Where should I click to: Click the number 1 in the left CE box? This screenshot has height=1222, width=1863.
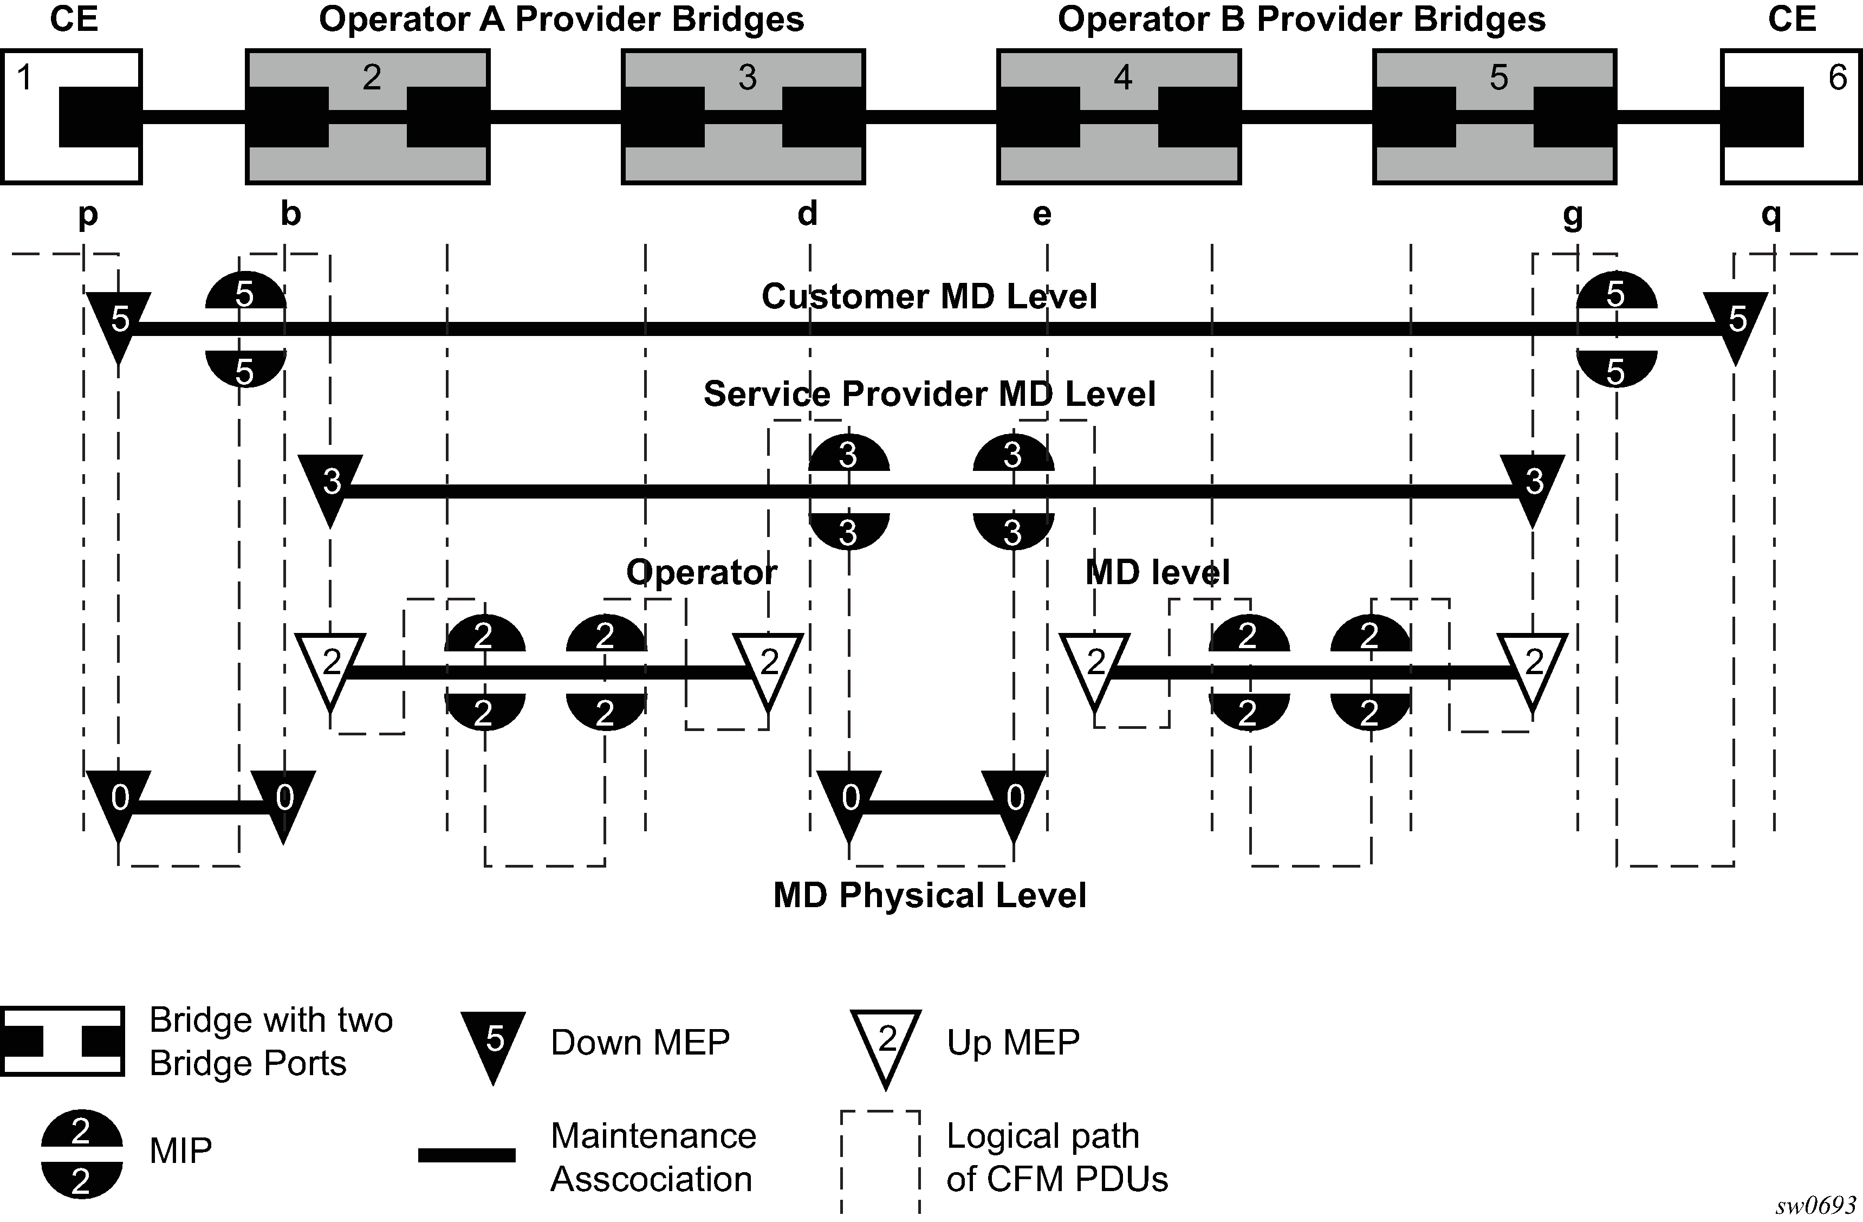25,77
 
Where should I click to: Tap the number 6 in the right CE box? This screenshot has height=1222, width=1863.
1837,77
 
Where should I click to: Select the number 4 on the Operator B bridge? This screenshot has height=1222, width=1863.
1122,77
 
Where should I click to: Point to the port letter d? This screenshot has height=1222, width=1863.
807,213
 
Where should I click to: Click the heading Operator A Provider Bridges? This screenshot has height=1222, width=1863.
561,20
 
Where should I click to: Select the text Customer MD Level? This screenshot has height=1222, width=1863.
929,296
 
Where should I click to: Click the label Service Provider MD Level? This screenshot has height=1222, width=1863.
929,394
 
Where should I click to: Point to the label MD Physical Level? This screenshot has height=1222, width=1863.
929,895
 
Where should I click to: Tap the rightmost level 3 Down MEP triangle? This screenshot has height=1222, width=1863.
1533,486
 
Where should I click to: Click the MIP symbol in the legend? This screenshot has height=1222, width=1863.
81,1154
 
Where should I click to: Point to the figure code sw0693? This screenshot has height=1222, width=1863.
1814,1206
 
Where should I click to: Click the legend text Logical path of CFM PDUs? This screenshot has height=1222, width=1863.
1057,1157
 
